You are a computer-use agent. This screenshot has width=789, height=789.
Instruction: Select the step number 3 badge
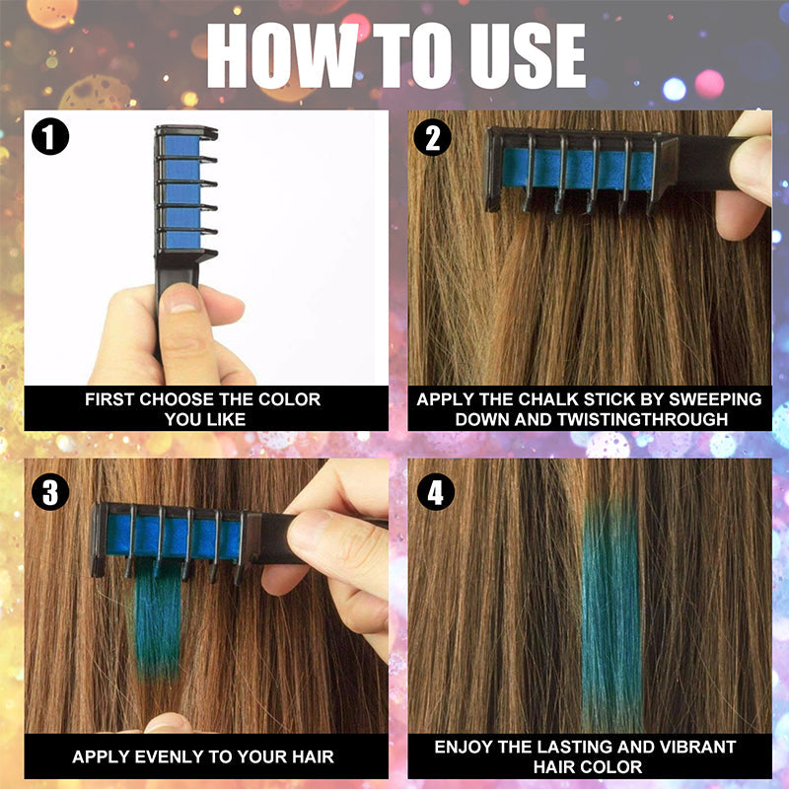(x=50, y=490)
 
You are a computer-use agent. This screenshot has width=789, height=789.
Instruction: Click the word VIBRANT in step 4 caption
(x=701, y=748)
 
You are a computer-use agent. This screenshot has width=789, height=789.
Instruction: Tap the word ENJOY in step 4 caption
(x=468, y=748)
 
